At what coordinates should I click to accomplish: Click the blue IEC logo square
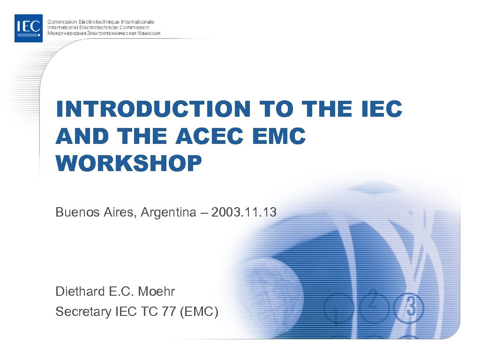(29, 28)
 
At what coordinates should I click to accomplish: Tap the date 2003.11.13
(244, 213)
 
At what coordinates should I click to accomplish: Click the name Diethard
(78, 292)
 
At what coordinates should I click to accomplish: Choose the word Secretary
(82, 312)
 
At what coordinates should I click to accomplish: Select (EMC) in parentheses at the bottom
(199, 312)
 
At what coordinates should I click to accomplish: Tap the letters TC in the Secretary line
(146, 312)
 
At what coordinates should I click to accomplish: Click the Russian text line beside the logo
(104, 34)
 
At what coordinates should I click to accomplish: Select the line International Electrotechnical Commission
(98, 28)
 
